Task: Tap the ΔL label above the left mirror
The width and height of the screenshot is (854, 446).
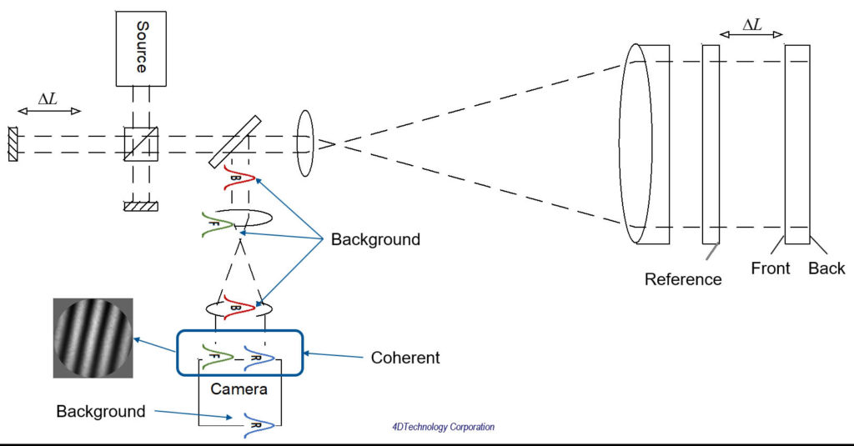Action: click(48, 98)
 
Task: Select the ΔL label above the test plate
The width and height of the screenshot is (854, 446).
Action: click(751, 24)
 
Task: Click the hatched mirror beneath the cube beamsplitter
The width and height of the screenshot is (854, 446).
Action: click(138, 206)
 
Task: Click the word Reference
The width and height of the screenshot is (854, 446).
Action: click(683, 279)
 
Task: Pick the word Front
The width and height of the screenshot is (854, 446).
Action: click(771, 268)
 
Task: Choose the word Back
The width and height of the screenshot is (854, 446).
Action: click(826, 268)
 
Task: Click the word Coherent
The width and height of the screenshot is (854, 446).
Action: click(404, 358)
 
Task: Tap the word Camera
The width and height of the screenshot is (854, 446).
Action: click(239, 388)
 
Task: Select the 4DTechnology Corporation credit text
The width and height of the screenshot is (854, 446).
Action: click(443, 427)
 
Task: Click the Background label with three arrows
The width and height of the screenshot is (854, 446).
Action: click(375, 240)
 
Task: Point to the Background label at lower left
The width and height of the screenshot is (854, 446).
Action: click(101, 411)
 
